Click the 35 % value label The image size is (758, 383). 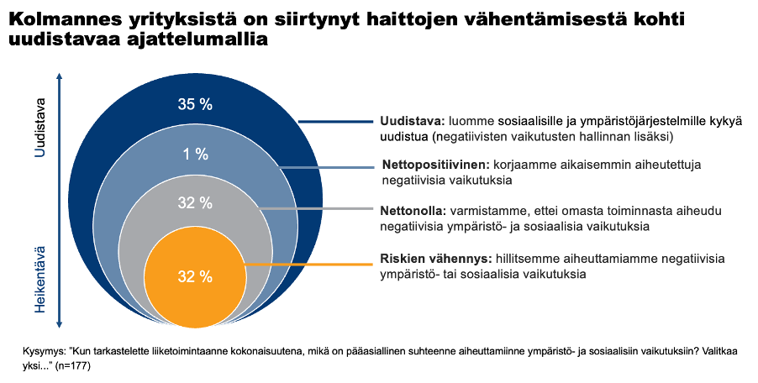pyautogui.click(x=195, y=104)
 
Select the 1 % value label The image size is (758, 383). pyautogui.click(x=195, y=154)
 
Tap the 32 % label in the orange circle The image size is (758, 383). pyautogui.click(x=195, y=275)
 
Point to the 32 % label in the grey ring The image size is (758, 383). pyautogui.click(x=195, y=202)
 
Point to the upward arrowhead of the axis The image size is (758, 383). pyautogui.click(x=60, y=75)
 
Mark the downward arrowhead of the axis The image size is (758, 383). pyautogui.click(x=60, y=327)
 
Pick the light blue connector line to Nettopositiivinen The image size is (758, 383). pyautogui.click(x=328, y=167)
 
